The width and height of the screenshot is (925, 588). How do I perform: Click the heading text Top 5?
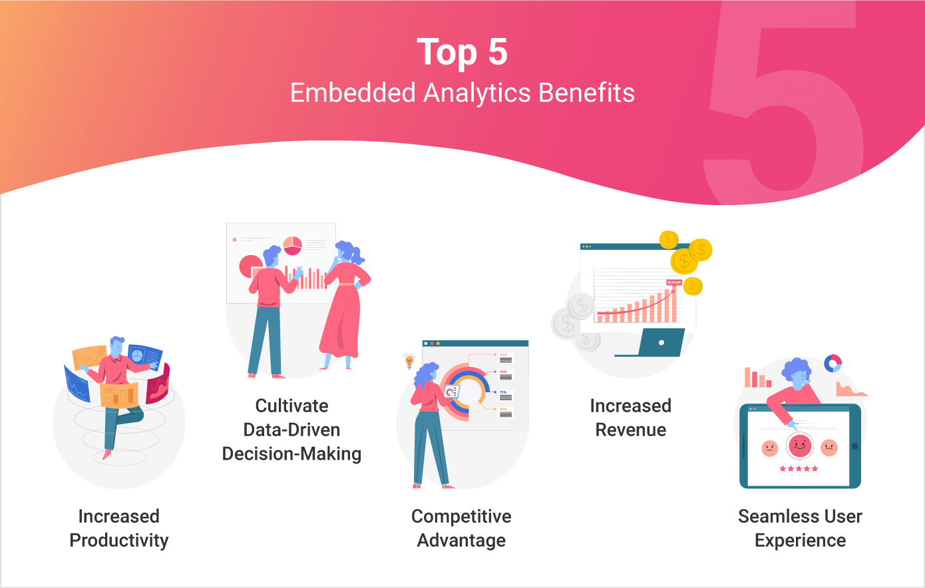click(462, 52)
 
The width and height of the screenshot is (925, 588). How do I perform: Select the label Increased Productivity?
click(119, 528)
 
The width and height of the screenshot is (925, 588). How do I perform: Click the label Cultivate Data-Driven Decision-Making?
click(291, 430)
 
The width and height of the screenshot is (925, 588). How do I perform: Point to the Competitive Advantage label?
click(461, 528)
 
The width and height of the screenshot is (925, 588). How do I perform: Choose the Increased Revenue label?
click(630, 418)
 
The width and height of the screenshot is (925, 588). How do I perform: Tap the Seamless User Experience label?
click(800, 528)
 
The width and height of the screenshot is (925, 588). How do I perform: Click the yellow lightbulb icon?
click(409, 362)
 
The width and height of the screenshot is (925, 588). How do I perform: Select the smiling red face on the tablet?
click(799, 445)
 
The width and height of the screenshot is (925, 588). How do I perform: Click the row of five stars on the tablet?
click(799, 469)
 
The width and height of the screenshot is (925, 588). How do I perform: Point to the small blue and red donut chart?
click(832, 363)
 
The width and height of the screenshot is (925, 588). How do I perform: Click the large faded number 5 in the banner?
click(785, 107)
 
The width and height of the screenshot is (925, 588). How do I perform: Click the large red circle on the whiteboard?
click(250, 266)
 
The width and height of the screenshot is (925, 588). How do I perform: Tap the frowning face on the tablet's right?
click(829, 447)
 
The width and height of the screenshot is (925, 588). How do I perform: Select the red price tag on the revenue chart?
click(674, 282)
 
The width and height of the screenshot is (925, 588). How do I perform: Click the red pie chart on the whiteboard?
click(292, 245)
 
